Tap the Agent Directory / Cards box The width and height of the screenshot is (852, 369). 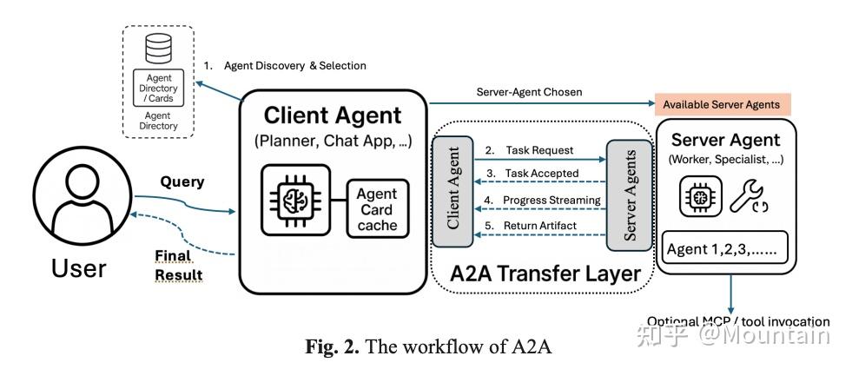pyautogui.click(x=158, y=88)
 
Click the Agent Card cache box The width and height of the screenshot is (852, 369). pyautogui.click(x=376, y=209)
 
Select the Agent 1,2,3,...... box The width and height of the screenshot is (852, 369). pyautogui.click(x=725, y=249)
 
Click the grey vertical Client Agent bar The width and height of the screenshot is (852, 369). pyautogui.click(x=452, y=193)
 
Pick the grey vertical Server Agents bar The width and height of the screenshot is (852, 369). pyautogui.click(x=630, y=194)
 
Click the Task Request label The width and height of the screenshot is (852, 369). pyautogui.click(x=539, y=150)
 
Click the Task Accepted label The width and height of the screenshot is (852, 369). pyautogui.click(x=542, y=174)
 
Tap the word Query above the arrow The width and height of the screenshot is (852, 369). pyautogui.click(x=182, y=181)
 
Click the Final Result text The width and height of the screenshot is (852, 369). pyautogui.click(x=178, y=265)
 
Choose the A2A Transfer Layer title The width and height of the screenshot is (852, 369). pyautogui.click(x=545, y=274)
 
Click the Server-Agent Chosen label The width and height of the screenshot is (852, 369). pyautogui.click(x=529, y=91)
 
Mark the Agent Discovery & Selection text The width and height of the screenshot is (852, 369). pyautogui.click(x=294, y=65)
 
